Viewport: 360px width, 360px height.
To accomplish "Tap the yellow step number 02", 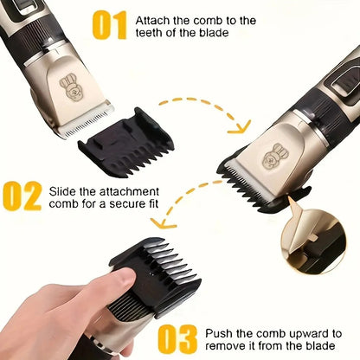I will click(22, 196).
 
